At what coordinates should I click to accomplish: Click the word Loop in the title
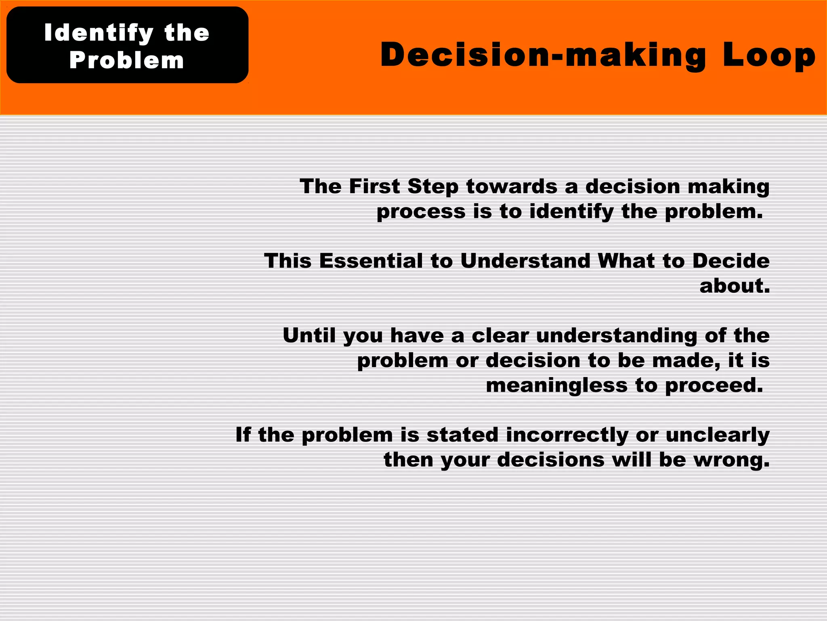tap(769, 56)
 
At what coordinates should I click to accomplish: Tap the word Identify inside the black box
tap(99, 33)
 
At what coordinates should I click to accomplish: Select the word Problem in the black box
tap(126, 60)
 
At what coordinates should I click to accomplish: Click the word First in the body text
tap(374, 187)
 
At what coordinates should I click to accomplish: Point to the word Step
tap(433, 187)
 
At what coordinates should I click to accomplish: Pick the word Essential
tap(371, 261)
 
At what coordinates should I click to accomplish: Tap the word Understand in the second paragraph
tap(525, 261)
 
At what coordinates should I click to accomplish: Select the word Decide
tap(731, 261)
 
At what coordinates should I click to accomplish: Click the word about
tap(734, 286)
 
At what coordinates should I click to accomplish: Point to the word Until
tap(309, 336)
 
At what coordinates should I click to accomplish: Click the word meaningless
tap(556, 385)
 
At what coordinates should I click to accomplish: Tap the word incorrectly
tap(567, 435)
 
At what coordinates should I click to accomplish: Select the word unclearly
tap(718, 435)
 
